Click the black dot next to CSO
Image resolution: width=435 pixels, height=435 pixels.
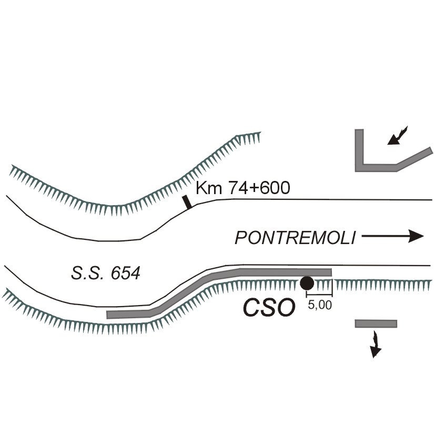307,284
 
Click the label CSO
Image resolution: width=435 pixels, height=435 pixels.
267,308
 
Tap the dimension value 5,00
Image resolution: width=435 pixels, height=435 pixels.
319,306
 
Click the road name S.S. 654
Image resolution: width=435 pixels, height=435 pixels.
105,273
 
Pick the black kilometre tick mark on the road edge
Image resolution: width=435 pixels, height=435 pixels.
186,202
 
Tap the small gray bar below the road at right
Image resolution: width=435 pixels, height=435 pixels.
376,323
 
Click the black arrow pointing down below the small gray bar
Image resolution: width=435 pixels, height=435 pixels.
375,344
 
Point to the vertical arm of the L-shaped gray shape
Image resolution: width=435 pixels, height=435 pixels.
359,147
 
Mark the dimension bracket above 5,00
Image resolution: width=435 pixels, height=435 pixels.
319,296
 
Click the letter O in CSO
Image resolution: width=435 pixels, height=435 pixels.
284,308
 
